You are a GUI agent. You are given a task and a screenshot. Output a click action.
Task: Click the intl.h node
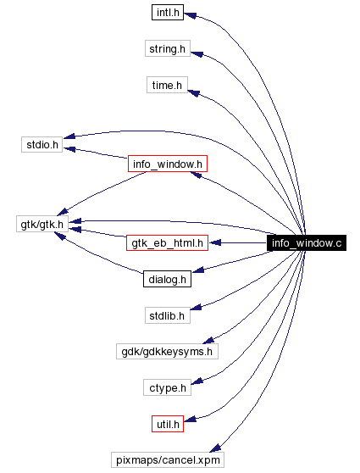[167, 13]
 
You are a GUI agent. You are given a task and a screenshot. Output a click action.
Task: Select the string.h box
[167, 49]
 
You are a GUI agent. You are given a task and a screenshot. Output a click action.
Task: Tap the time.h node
[167, 86]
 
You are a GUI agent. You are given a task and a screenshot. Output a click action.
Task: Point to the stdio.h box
[41, 145]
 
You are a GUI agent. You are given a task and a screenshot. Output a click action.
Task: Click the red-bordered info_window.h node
[167, 163]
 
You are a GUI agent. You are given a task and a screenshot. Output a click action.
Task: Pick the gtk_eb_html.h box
[167, 242]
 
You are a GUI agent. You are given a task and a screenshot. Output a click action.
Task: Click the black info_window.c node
[307, 243]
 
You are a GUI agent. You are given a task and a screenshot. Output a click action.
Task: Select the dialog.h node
[167, 279]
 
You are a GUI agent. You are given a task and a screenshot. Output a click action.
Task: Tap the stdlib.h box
[167, 315]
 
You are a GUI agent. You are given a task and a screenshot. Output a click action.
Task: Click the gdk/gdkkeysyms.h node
[167, 351]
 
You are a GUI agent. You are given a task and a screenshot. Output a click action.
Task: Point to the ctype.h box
[167, 387]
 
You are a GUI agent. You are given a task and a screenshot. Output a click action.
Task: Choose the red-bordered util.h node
[167, 423]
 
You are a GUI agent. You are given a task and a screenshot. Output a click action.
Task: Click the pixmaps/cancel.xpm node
[167, 459]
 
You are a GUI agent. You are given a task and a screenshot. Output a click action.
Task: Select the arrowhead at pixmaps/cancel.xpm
[216, 449]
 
